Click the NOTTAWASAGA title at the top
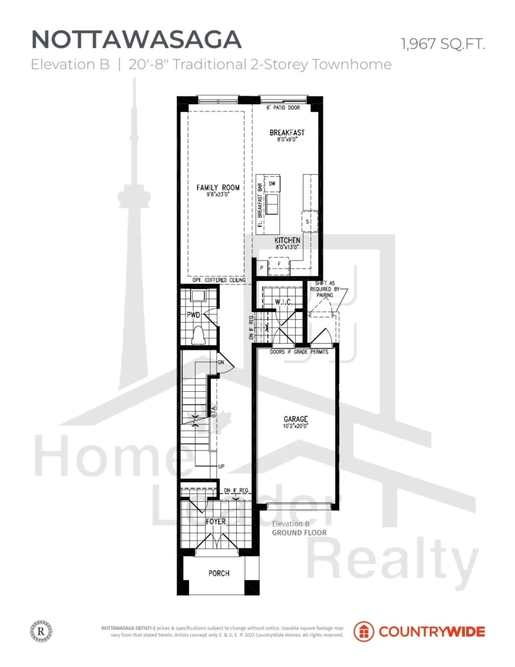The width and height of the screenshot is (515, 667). (137, 40)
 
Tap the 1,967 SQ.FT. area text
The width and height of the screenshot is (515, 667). (443, 44)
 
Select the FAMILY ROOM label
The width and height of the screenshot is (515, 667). (218, 188)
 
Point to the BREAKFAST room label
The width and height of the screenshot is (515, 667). (287, 133)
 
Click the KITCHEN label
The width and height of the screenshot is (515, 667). (287, 240)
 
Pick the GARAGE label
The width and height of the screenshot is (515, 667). (295, 419)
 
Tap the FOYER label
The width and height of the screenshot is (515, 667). (215, 520)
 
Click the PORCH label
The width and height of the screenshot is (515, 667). (219, 573)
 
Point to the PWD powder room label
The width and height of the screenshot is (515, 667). (194, 315)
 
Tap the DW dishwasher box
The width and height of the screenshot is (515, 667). (272, 184)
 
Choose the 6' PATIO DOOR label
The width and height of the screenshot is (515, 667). (283, 107)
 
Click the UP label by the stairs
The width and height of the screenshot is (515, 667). (221, 466)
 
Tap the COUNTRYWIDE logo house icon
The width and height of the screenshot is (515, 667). (363, 631)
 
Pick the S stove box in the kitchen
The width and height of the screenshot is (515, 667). (308, 221)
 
